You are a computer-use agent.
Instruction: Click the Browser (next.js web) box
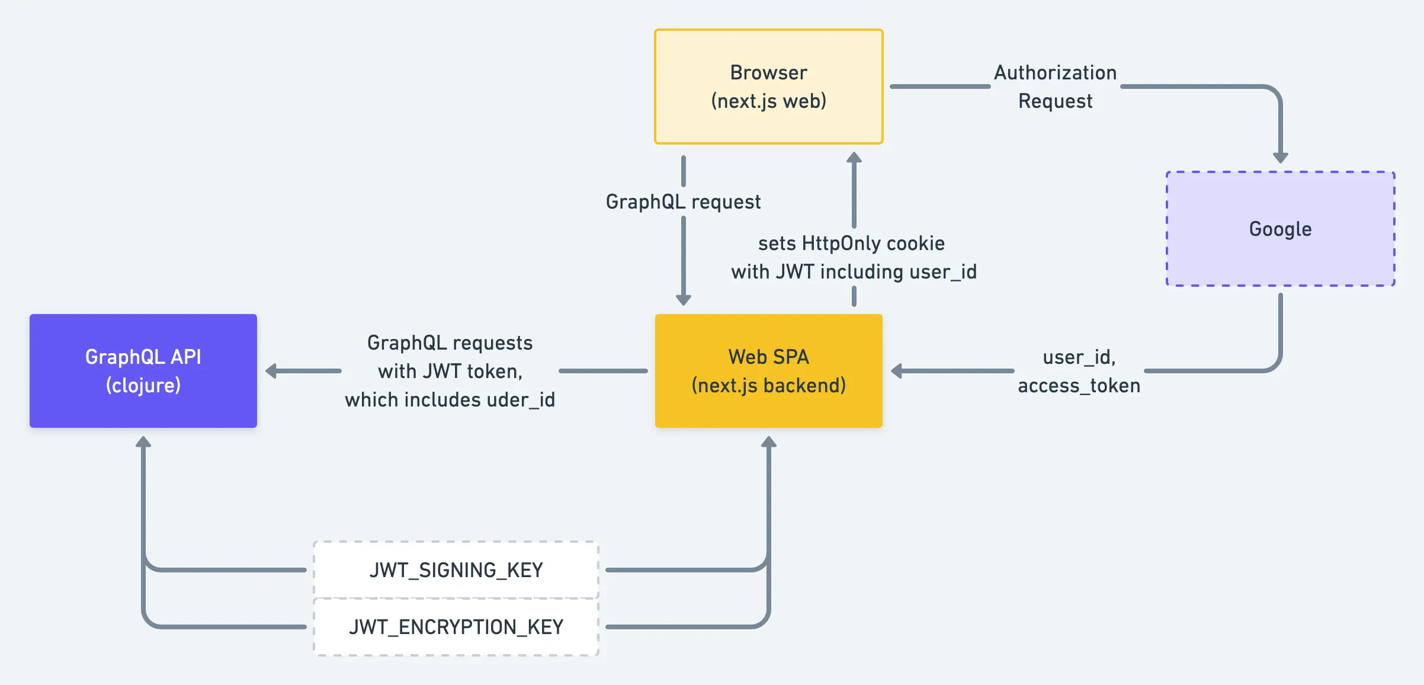coord(768,87)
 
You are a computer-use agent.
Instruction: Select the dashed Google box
coord(1280,229)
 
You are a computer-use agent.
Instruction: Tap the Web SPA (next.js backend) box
coord(768,371)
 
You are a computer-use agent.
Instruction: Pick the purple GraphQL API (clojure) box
coord(143,371)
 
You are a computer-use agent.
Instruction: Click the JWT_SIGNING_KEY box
coord(456,569)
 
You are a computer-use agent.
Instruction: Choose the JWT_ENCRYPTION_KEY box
coord(456,627)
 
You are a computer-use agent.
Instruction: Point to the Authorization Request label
coord(1055,87)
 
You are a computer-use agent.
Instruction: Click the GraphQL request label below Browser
coord(683,201)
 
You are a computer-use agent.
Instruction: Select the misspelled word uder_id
coord(521,399)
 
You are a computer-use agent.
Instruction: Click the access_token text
coord(1079,386)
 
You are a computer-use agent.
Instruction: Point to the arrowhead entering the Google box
coord(1280,157)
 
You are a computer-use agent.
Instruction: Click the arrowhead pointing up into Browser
coord(854,158)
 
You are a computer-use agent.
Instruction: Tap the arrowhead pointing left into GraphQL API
coord(271,371)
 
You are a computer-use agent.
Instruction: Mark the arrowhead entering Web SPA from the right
coord(897,371)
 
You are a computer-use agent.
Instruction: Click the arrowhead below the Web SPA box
coord(768,442)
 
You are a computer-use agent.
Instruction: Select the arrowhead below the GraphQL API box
coord(143,442)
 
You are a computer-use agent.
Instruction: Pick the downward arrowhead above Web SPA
coord(684,299)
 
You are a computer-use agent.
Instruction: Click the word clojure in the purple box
coord(143,385)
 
